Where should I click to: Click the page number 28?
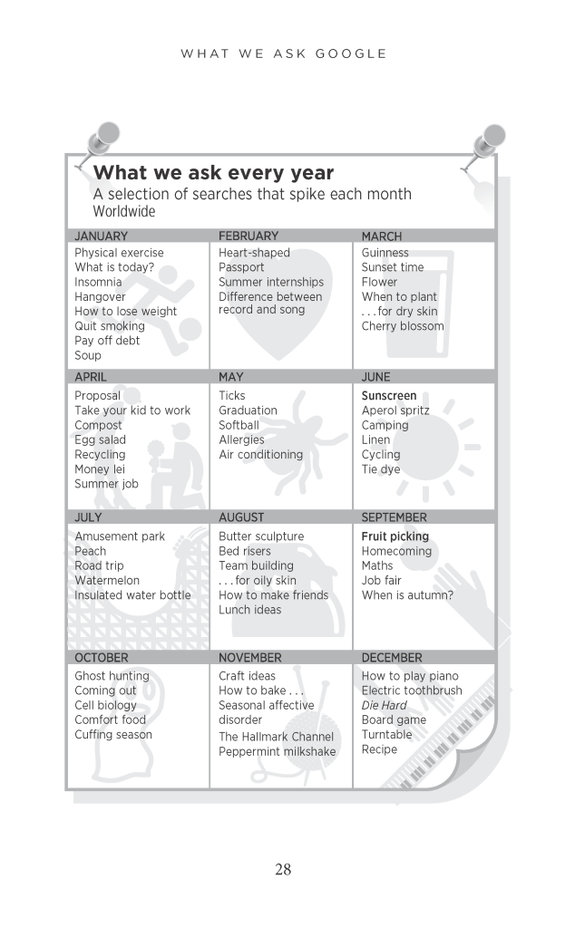tap(283, 870)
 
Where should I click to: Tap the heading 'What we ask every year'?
tap(213, 172)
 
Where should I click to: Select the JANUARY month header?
tap(101, 236)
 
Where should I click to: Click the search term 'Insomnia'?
tap(98, 282)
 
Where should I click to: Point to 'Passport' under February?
tap(241, 267)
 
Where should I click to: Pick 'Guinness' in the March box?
tap(385, 253)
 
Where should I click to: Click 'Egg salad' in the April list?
tap(100, 439)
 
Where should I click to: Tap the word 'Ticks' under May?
tap(232, 395)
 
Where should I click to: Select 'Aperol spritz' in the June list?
tap(395, 410)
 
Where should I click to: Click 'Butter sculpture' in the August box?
tap(261, 536)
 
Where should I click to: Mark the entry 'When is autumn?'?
tap(407, 595)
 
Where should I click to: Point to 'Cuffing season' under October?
tap(113, 735)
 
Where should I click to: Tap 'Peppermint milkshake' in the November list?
tap(277, 752)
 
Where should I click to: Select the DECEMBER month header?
tap(392, 657)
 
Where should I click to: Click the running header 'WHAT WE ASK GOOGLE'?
tap(284, 53)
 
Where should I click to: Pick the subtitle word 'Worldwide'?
tap(124, 212)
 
